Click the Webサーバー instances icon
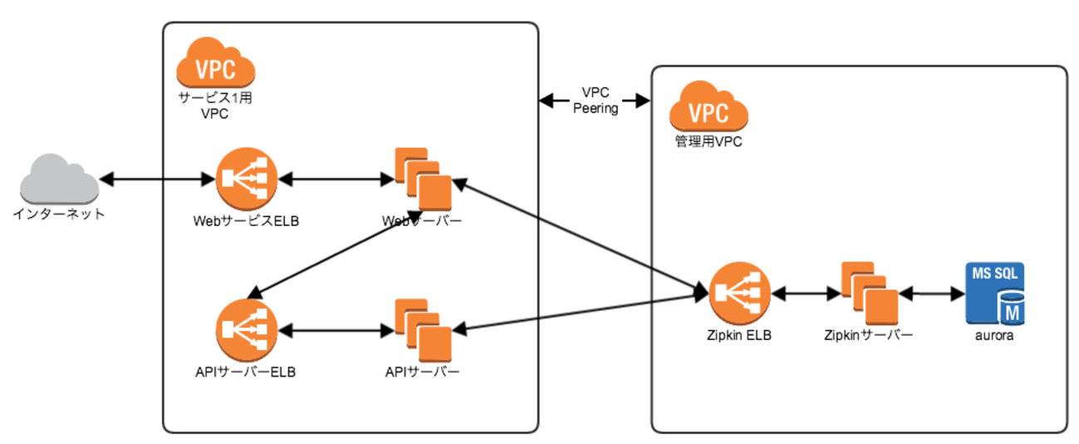click(x=422, y=178)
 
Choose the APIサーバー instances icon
click(x=422, y=328)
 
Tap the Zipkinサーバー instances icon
click(x=868, y=294)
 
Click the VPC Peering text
click(x=596, y=101)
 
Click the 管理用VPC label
click(x=708, y=141)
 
